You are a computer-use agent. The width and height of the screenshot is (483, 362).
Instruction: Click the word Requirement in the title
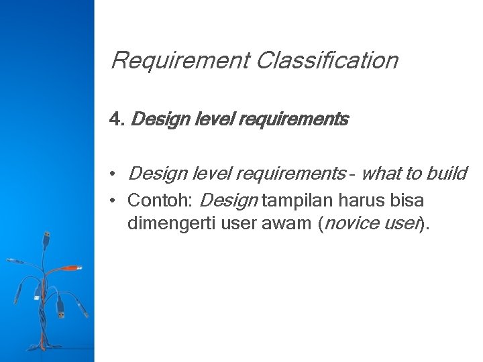(x=179, y=61)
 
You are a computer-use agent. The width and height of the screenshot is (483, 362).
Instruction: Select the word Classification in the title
(x=327, y=61)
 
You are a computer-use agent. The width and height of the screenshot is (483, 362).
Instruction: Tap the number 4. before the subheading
(x=117, y=120)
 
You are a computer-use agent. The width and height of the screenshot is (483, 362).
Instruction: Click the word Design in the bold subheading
(x=153, y=120)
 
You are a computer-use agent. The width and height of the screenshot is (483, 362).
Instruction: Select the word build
(x=446, y=174)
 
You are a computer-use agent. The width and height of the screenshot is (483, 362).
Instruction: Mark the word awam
(x=286, y=223)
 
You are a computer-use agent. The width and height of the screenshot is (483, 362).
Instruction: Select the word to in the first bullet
(x=411, y=174)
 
